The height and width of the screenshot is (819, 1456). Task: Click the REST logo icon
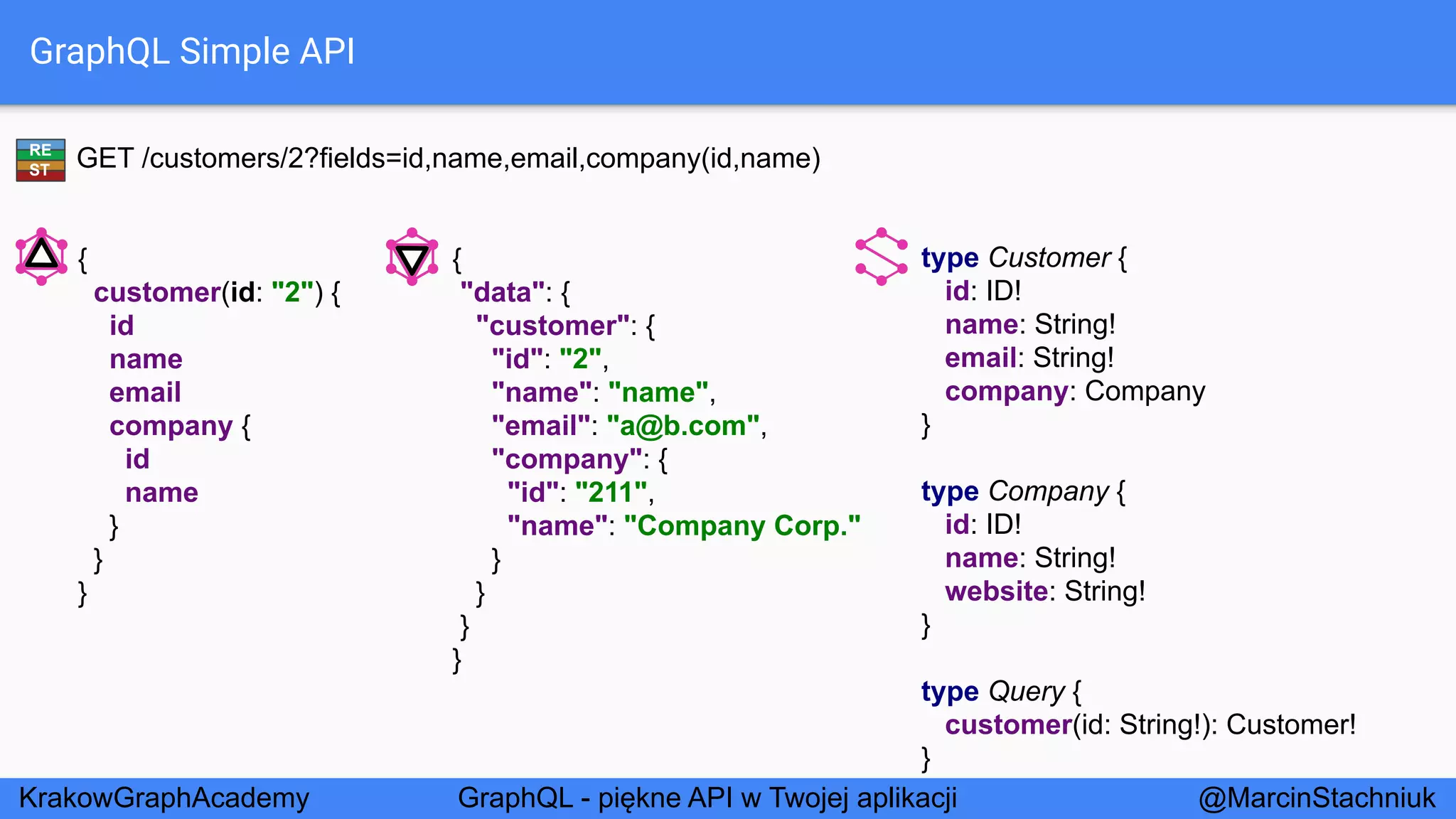[x=41, y=160]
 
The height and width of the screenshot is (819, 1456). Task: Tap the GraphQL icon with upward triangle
[x=41, y=256]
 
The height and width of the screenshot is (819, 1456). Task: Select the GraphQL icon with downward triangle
[x=412, y=257]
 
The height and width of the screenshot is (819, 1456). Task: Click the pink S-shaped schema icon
[x=882, y=257]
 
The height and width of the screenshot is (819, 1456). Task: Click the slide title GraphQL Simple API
[x=192, y=52]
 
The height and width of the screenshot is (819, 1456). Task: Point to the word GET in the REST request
[x=105, y=159]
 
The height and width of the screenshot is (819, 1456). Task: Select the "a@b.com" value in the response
[x=683, y=426]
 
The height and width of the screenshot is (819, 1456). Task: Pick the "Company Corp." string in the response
[x=742, y=526]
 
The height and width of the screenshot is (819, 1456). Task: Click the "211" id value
[x=611, y=493]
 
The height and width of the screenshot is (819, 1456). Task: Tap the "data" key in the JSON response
[x=503, y=292]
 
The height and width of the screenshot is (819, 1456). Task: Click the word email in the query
[x=145, y=392]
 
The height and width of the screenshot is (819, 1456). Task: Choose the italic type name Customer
[x=1049, y=258]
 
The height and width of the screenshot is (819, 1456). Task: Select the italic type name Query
[x=1027, y=692]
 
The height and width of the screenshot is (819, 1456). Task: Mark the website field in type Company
[x=996, y=591]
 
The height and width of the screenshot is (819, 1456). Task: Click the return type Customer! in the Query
[x=1291, y=725]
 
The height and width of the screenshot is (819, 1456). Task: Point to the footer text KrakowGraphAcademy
[x=164, y=798]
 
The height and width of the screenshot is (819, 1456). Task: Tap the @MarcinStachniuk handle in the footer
[x=1317, y=798]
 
